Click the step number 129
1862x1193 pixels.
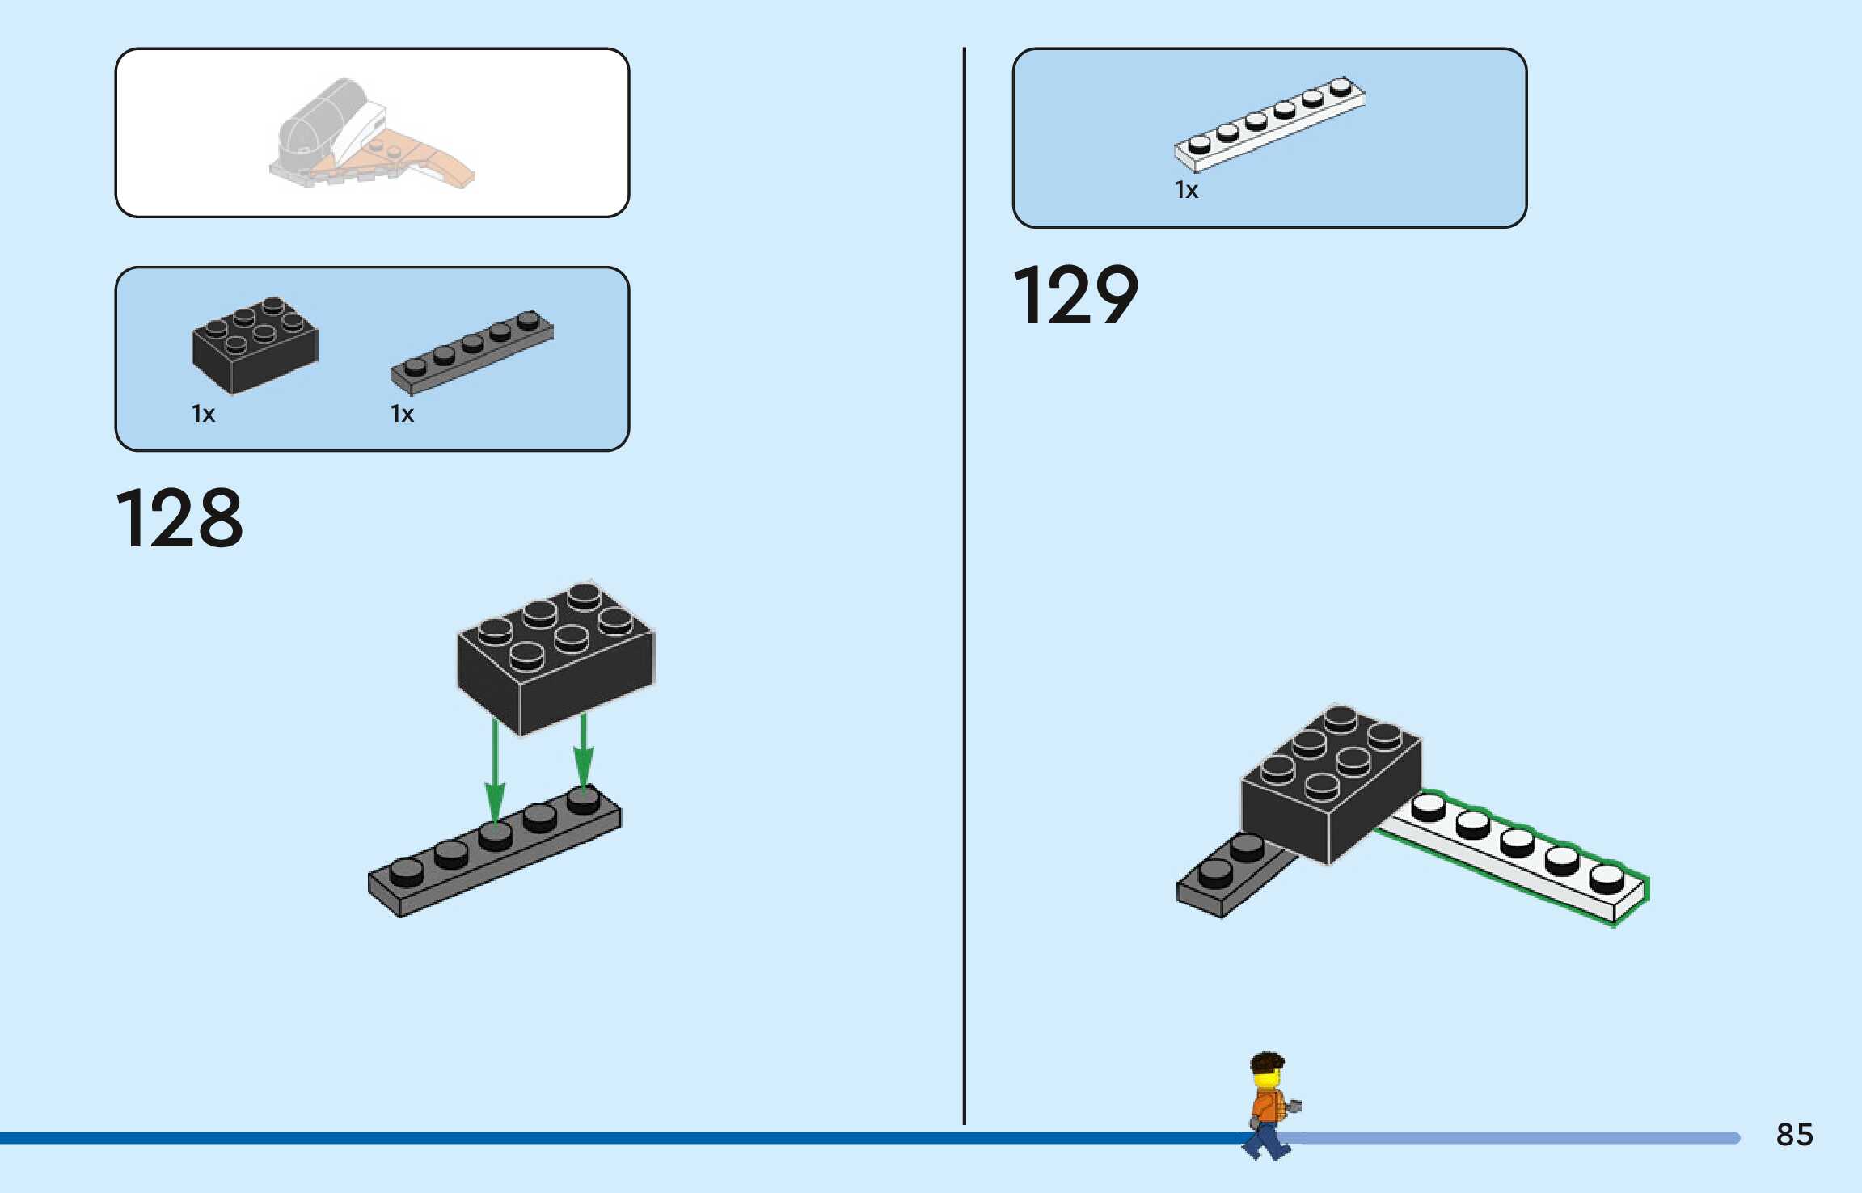pyautogui.click(x=1075, y=295)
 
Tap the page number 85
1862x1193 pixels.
pyautogui.click(x=1794, y=1135)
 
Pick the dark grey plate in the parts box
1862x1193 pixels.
pyautogui.click(x=472, y=352)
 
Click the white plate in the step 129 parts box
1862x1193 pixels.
pyautogui.click(x=1269, y=124)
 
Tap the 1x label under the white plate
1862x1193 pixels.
pyautogui.click(x=1186, y=191)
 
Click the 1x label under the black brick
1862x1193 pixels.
pyautogui.click(x=203, y=415)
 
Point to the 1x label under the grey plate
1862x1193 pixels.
pyautogui.click(x=402, y=415)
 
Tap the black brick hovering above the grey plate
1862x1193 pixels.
pyautogui.click(x=555, y=659)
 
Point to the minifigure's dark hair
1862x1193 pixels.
pyautogui.click(x=1266, y=1061)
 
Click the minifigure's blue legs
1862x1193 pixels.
pyautogui.click(x=1267, y=1141)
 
